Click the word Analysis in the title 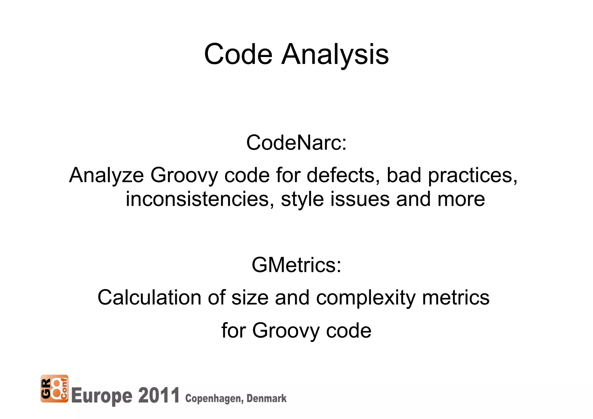335,54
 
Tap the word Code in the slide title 238,54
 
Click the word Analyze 106,175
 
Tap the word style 302,200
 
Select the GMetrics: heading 296,265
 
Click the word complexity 366,298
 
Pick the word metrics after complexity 455,297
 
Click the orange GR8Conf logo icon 54,389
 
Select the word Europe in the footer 101,396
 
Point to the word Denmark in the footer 266,398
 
